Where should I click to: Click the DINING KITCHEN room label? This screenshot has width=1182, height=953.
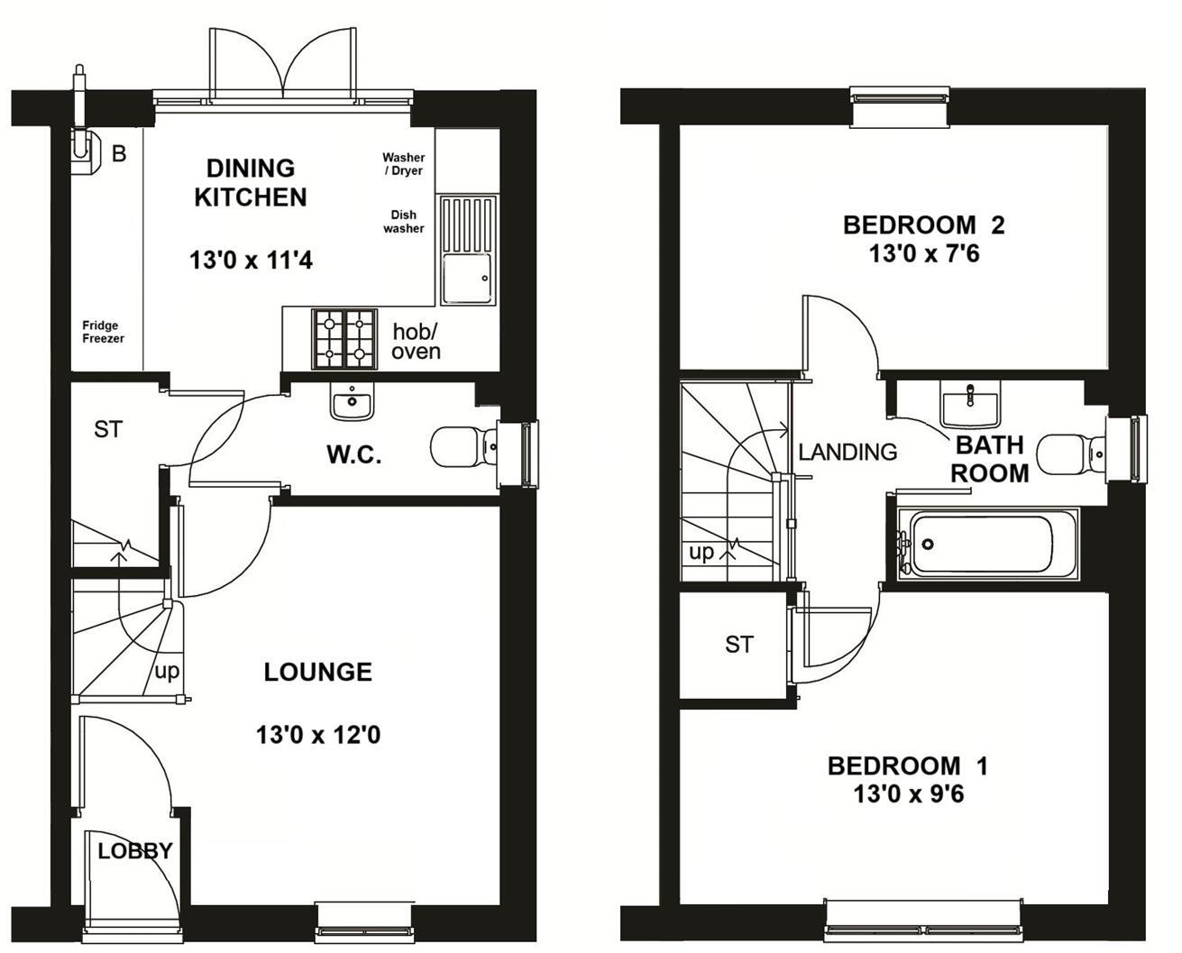tap(251, 183)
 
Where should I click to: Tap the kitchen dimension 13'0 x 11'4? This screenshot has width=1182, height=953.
tap(251, 261)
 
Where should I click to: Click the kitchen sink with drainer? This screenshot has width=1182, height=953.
tap(467, 250)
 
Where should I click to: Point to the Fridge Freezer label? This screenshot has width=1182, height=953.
tap(104, 332)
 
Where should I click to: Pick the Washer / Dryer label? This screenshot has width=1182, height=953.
tap(403, 164)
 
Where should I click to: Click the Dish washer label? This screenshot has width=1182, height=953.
tap(403, 222)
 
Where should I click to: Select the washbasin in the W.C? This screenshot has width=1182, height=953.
tap(352, 402)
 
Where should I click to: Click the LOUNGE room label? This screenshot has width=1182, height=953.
tap(317, 672)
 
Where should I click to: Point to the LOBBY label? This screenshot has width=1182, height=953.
tap(135, 850)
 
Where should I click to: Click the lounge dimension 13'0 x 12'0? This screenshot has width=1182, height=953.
tap(317, 736)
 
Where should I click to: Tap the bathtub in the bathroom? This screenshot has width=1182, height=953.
tap(986, 544)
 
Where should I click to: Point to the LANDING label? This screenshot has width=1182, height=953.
tap(848, 452)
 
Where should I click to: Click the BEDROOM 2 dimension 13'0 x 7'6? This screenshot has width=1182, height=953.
tap(923, 254)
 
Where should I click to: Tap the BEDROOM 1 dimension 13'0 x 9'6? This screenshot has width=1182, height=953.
tap(908, 795)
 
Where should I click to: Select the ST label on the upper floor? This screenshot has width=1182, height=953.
tap(738, 644)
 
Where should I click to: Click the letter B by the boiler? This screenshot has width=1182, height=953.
tap(119, 154)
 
